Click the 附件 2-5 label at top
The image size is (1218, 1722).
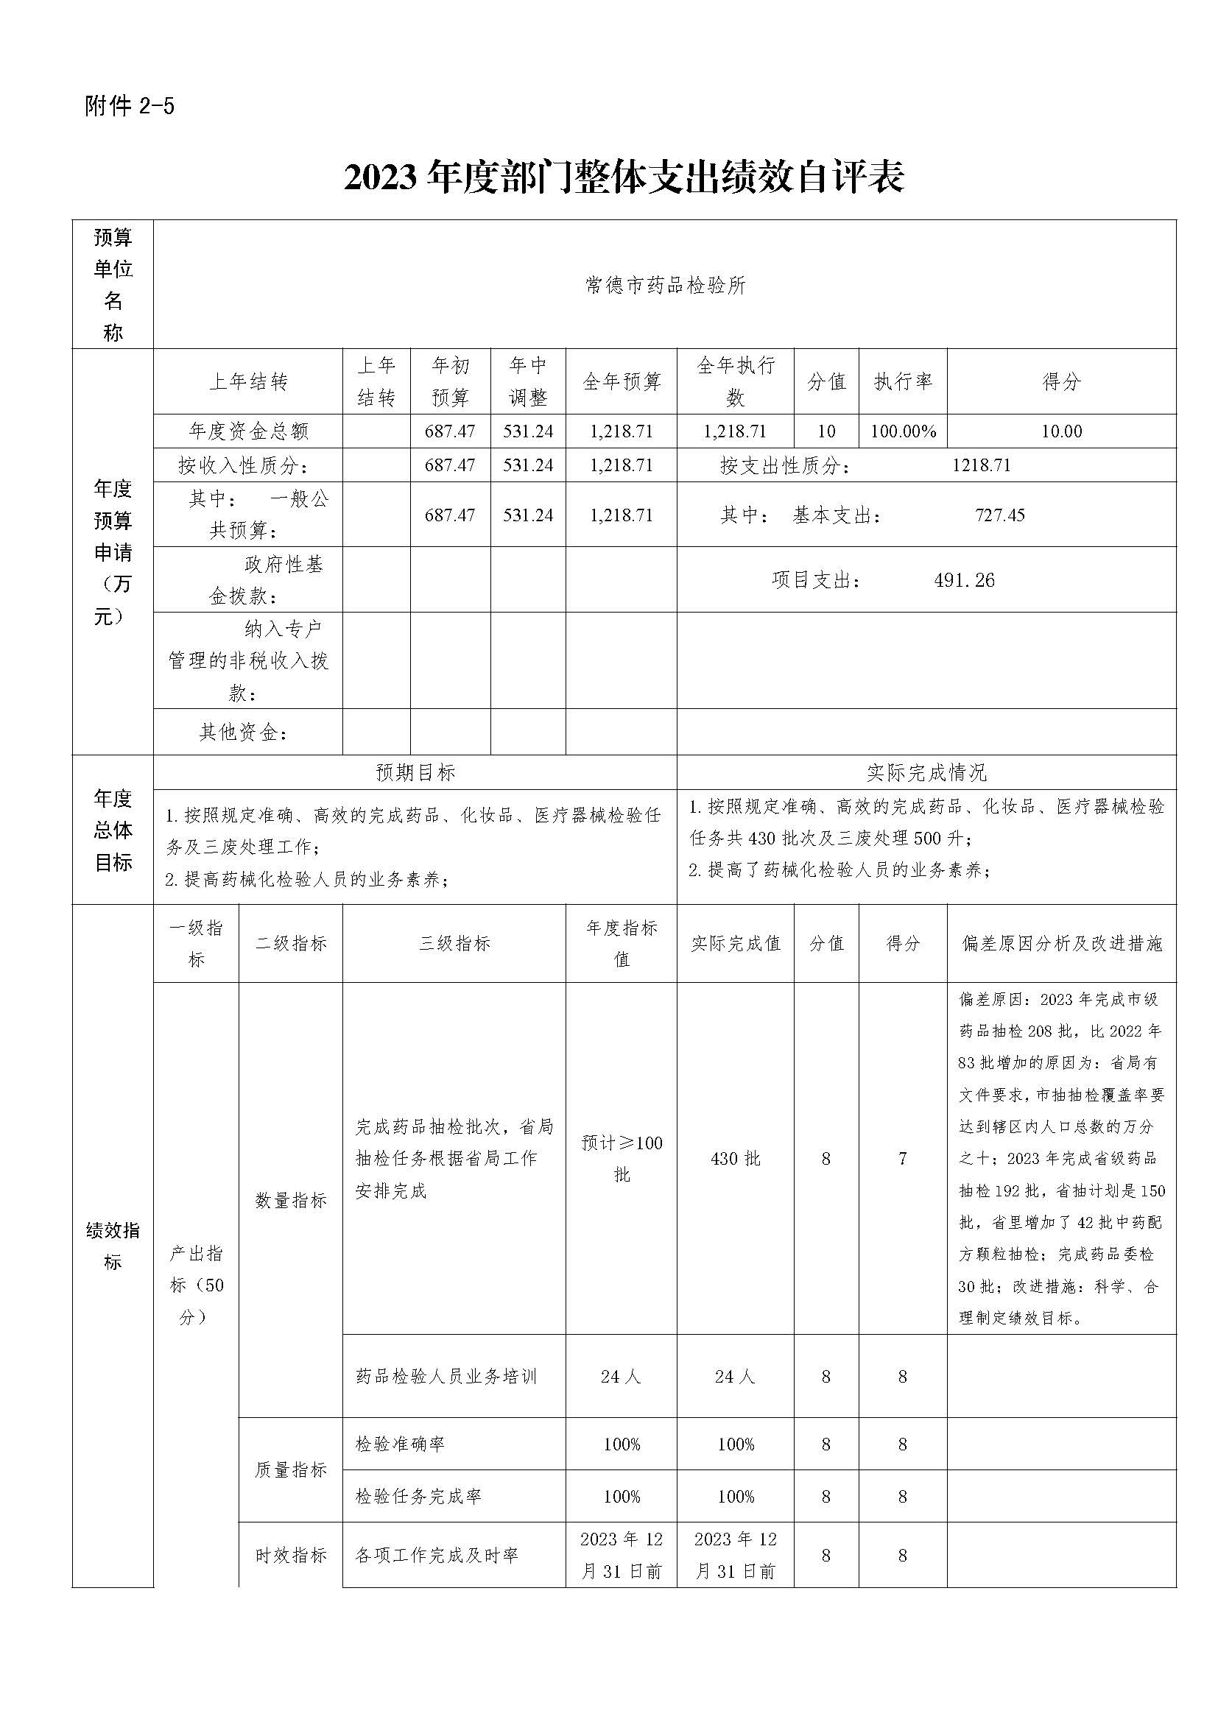(130, 107)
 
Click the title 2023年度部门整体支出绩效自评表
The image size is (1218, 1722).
(624, 177)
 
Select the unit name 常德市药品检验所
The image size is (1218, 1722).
(665, 286)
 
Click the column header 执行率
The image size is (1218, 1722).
(903, 382)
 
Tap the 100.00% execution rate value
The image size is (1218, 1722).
(903, 431)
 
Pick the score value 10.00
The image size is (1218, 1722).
(1061, 431)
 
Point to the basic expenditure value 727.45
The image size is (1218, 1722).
(1000, 515)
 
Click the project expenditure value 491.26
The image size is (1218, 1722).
(965, 580)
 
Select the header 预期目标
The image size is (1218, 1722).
(415, 772)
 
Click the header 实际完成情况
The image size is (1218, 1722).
(926, 772)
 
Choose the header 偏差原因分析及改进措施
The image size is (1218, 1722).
(1061, 944)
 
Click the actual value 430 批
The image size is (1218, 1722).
(735, 1159)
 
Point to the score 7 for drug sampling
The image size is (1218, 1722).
(903, 1159)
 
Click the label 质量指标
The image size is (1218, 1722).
(291, 1470)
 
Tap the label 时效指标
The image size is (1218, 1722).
(291, 1556)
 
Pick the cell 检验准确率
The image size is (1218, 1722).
(400, 1444)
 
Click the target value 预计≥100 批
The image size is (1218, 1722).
(622, 1158)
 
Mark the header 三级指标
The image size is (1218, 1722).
(454, 944)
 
